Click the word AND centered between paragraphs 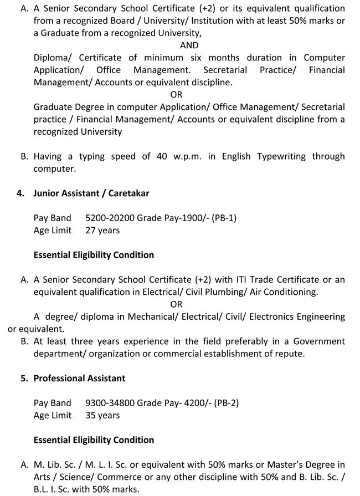pyautogui.click(x=189, y=45)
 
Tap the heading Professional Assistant pyautogui.click(x=79, y=378)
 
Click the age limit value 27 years pyautogui.click(x=102, y=230)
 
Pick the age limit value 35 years pyautogui.click(x=102, y=415)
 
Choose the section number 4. pyautogui.click(x=20, y=193)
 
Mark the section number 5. pyautogui.click(x=20, y=378)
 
